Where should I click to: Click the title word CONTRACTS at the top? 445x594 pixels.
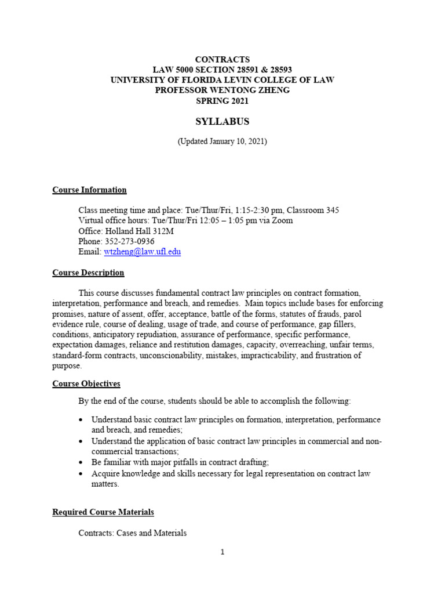pyautogui.click(x=222, y=59)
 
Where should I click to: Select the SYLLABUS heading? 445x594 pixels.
pyautogui.click(x=222, y=121)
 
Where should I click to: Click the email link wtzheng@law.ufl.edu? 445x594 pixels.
pyautogui.click(x=142, y=252)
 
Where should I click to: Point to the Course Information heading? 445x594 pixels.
pyautogui.click(x=89, y=190)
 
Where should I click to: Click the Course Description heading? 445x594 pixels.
pyautogui.click(x=88, y=273)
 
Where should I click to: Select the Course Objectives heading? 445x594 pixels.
pyautogui.click(x=86, y=383)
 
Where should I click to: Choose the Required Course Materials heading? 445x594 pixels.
pyautogui.click(x=103, y=512)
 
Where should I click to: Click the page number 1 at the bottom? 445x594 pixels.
pyautogui.click(x=222, y=552)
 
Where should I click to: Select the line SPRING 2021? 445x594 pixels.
pyautogui.click(x=222, y=101)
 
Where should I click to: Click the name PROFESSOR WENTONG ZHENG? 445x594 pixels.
pyautogui.click(x=222, y=90)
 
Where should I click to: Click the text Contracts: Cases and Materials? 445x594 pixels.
pyautogui.click(x=133, y=533)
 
